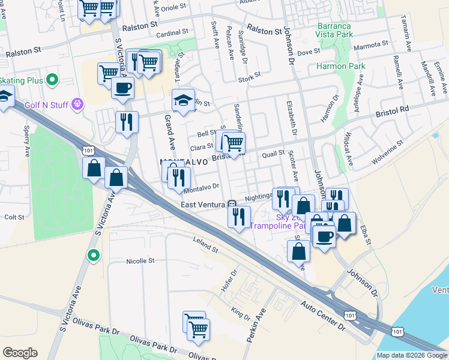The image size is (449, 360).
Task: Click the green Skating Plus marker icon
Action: point(52,79)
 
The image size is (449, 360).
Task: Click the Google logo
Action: point(20,353)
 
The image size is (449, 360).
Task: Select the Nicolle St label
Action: point(140,261)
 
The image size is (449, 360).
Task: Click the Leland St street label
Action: point(205,244)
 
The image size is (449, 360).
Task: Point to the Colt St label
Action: point(14,217)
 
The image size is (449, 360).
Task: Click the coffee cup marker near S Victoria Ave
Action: point(122,88)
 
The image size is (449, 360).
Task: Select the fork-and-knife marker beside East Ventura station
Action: point(240,216)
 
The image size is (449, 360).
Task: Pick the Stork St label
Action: point(249,75)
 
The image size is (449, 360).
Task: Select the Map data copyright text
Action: point(412,355)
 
